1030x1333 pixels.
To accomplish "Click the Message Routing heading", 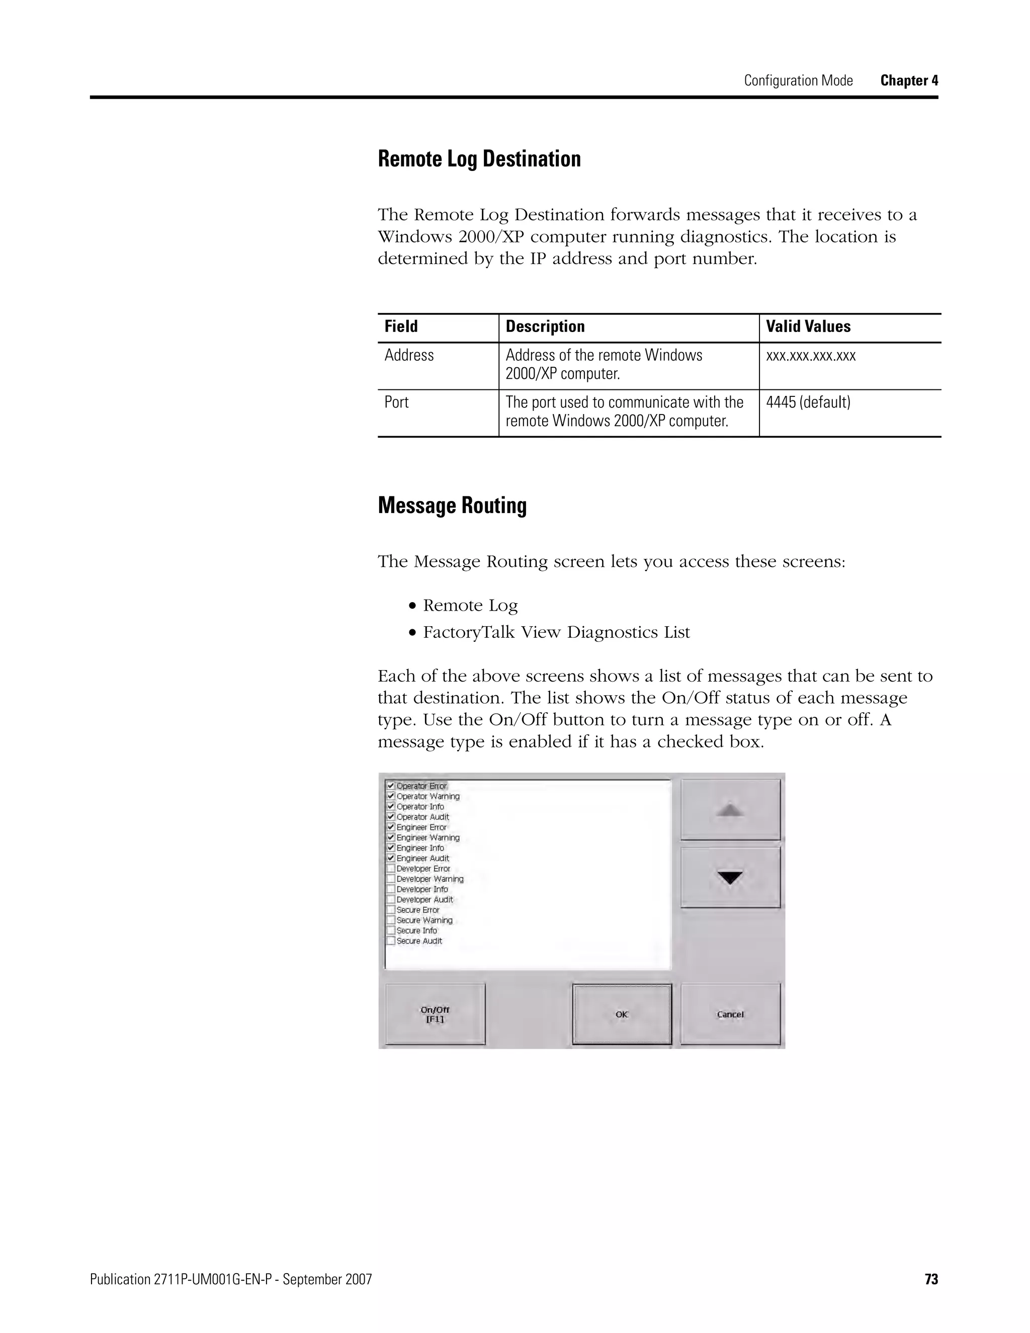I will click(x=452, y=506).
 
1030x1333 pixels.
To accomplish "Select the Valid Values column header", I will click(x=808, y=326).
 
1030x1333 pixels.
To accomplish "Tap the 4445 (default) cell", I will click(x=808, y=402).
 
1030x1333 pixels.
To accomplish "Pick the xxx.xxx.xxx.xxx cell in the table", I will click(x=810, y=355).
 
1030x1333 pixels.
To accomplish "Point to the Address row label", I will click(x=409, y=355).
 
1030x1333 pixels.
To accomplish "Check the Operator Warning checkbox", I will click(x=390, y=796).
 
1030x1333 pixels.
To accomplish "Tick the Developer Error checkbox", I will click(x=390, y=869).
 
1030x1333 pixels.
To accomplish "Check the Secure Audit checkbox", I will click(x=390, y=941).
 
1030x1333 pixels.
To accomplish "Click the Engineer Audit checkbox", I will click(x=390, y=858).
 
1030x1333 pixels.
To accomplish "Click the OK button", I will click(x=622, y=1014).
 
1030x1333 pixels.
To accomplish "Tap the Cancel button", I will click(x=730, y=1014).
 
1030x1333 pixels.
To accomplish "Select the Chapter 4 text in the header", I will click(x=909, y=80).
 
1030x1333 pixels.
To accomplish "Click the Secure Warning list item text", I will click(x=424, y=921).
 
